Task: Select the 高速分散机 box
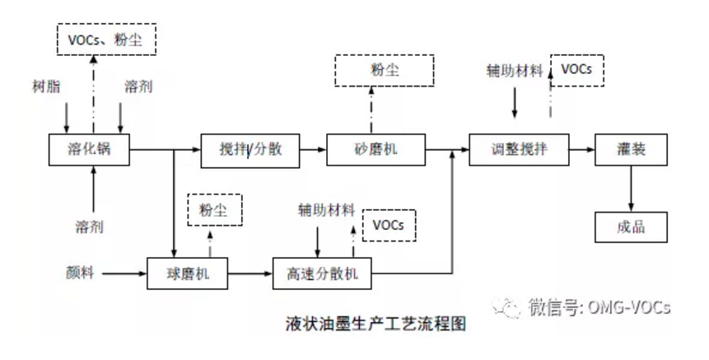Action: (x=316, y=273)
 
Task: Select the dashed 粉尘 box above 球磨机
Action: (x=216, y=210)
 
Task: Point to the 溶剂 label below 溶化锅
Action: (x=92, y=224)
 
